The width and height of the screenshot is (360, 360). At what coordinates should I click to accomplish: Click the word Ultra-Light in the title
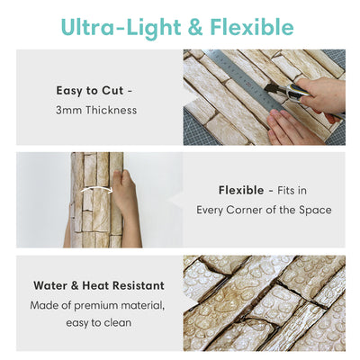(x=112, y=26)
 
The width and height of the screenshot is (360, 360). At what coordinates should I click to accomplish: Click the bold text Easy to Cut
(x=91, y=91)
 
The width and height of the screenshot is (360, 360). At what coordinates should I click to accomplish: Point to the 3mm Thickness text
(x=96, y=110)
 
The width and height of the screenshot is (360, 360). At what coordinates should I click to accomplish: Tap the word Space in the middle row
(x=315, y=210)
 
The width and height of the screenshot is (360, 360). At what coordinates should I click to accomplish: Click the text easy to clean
(x=96, y=323)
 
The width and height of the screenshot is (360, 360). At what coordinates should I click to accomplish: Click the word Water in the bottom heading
(x=52, y=285)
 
